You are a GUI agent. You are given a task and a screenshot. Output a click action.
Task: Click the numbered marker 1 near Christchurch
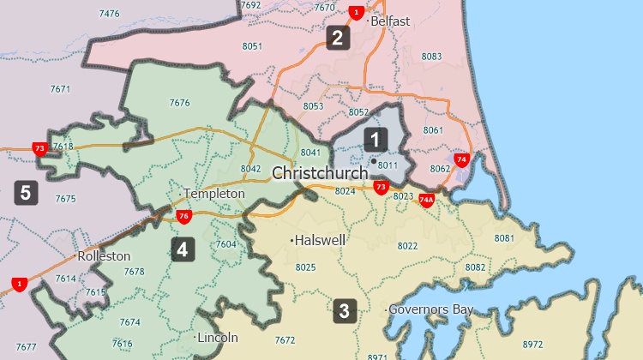click(375, 138)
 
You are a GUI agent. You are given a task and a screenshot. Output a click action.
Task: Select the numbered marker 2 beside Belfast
click(337, 37)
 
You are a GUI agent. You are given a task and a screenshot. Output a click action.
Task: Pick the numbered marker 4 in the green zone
click(182, 249)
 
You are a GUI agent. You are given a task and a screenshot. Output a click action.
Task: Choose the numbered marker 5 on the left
click(26, 192)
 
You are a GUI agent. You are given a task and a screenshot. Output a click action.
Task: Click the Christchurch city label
click(320, 173)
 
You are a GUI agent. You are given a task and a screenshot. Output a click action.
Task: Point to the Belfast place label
click(392, 21)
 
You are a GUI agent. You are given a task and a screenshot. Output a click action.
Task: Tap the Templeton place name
click(214, 194)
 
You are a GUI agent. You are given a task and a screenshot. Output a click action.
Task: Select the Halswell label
click(320, 241)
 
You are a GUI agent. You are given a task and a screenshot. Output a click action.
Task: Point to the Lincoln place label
click(218, 338)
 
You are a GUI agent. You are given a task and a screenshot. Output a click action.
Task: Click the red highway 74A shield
click(426, 201)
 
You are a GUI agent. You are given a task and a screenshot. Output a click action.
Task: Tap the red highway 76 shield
click(183, 216)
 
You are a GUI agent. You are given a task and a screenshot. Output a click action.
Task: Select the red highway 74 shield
click(461, 159)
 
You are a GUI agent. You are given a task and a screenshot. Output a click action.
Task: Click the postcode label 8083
click(432, 57)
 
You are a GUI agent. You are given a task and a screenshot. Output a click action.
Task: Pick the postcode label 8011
click(388, 165)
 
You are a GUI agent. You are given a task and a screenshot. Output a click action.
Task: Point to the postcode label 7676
click(179, 103)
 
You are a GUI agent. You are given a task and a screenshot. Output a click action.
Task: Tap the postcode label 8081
click(504, 237)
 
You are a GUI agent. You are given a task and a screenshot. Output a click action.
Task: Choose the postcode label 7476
click(110, 14)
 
